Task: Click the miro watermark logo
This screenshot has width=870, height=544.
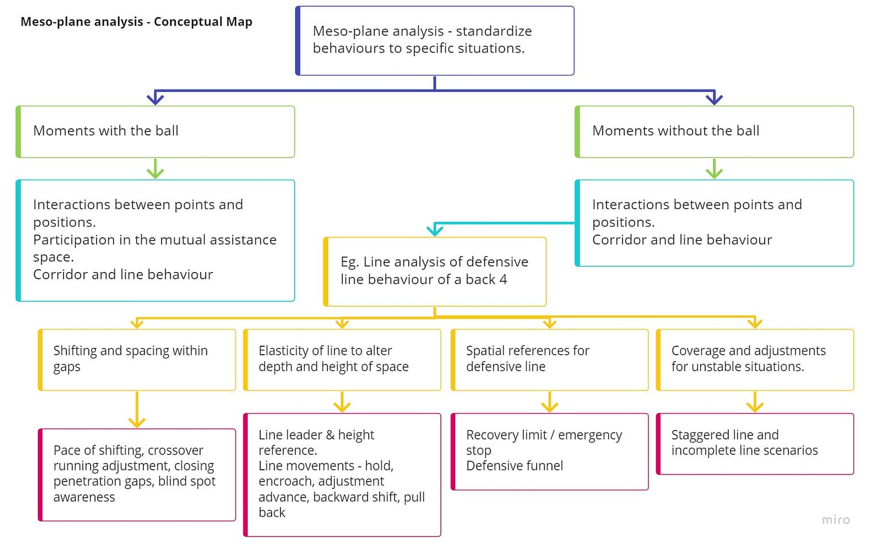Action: [835, 520]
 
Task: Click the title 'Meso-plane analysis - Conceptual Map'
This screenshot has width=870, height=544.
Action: [136, 22]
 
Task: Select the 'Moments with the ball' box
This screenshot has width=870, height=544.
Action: [155, 131]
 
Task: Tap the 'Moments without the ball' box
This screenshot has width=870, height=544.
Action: [714, 131]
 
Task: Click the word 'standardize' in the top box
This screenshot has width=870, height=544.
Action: [494, 31]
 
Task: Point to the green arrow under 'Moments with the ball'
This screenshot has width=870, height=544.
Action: [155, 169]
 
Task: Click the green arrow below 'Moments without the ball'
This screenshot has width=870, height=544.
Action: [714, 169]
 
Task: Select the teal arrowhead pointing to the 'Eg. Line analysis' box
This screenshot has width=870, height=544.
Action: [435, 230]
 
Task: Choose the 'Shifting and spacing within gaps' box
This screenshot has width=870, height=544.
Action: [137, 359]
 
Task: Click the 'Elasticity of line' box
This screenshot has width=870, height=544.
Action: [342, 359]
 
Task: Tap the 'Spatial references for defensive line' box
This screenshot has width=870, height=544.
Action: [550, 359]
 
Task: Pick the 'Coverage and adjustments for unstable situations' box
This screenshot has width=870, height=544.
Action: [755, 359]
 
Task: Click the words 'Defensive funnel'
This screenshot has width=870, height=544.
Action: [515, 466]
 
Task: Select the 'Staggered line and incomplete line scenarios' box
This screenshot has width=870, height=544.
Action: [755, 443]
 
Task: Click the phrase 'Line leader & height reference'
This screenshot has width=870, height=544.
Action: [316, 442]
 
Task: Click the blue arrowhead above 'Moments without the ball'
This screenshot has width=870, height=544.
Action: [714, 99]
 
